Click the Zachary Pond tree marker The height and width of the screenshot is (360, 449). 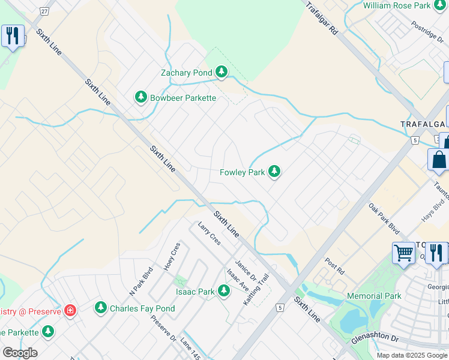click(221, 73)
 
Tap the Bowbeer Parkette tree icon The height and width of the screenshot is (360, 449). click(141, 97)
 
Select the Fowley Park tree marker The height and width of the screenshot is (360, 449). click(274, 172)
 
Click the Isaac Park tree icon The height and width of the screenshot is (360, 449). click(224, 292)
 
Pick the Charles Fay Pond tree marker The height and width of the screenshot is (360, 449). click(101, 308)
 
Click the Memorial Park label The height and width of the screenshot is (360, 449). click(374, 296)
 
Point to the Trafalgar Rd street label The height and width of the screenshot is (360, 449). click(322, 20)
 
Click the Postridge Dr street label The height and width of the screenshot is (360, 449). click(427, 31)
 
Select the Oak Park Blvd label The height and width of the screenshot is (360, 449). click(384, 217)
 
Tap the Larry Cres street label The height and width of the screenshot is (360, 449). click(209, 233)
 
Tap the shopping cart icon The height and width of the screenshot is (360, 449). click(403, 253)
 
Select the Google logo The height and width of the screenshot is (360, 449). click(19, 353)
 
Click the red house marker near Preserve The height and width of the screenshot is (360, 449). click(70, 311)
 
